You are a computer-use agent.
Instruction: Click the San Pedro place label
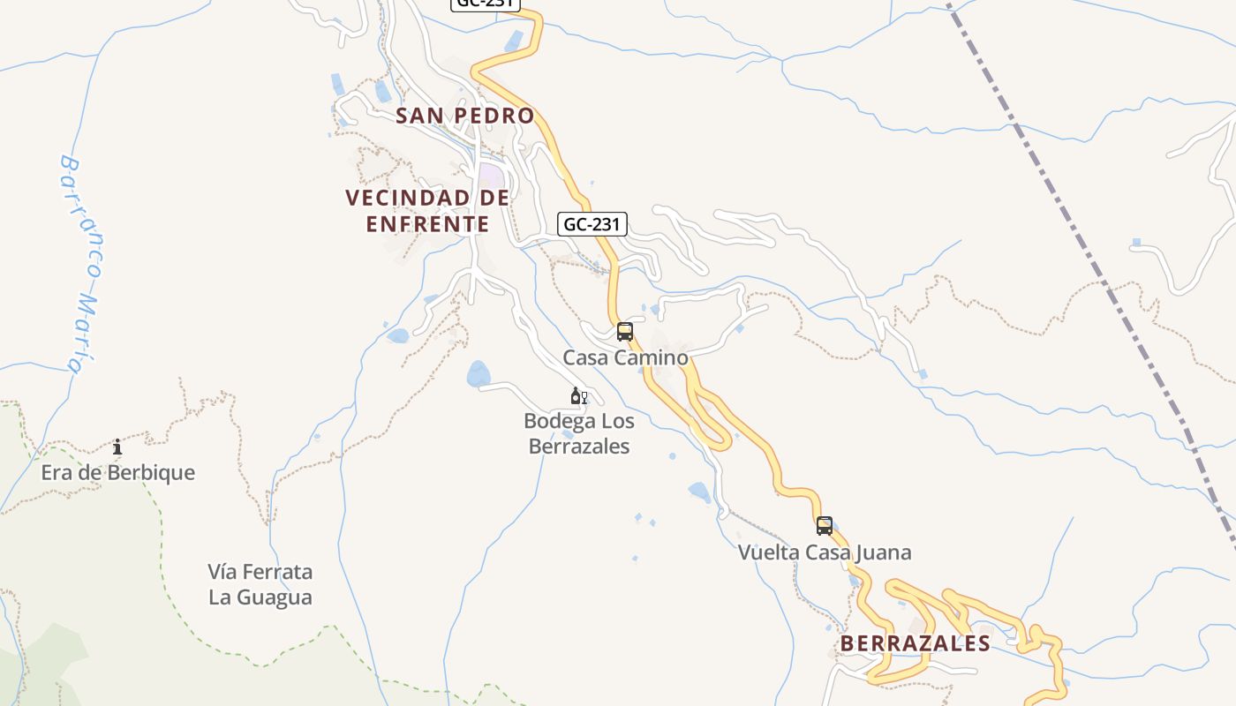click(464, 116)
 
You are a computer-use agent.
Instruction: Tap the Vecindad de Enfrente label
click(427, 211)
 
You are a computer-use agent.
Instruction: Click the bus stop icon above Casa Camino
click(625, 332)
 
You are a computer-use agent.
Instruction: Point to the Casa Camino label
click(625, 357)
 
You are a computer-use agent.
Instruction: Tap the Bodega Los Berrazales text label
click(579, 433)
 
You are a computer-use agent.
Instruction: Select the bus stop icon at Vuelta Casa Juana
click(825, 526)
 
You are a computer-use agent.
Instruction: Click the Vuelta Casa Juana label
click(825, 552)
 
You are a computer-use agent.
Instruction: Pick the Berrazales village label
click(915, 643)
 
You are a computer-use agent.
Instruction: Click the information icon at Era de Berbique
click(117, 447)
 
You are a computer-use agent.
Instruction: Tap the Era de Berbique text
click(117, 472)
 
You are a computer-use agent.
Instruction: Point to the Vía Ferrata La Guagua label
click(260, 584)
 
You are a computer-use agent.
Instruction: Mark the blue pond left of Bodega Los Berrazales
click(479, 374)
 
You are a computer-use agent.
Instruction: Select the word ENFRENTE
click(427, 224)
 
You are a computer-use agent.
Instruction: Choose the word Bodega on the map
click(554, 421)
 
